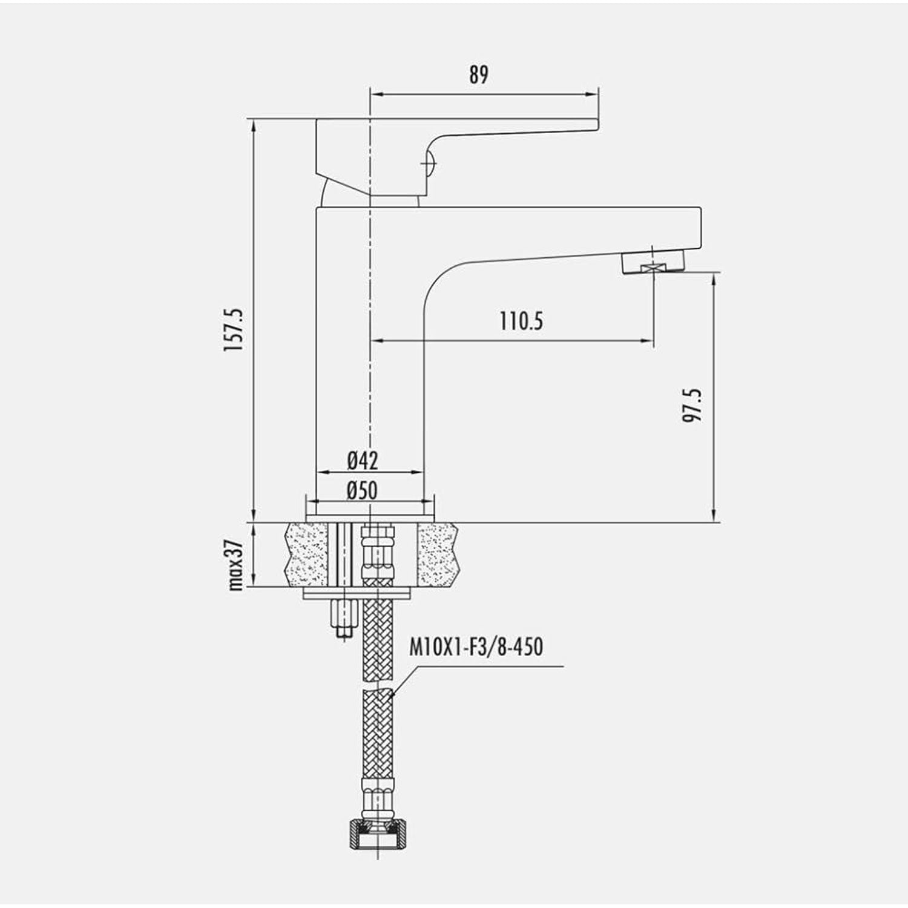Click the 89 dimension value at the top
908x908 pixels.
tap(478, 75)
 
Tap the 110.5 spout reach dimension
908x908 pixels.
tap(521, 321)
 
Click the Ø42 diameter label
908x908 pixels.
tap(363, 461)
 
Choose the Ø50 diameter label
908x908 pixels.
tap(362, 490)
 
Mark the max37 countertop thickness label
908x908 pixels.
tap(235, 564)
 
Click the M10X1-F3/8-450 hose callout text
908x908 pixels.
tap(476, 647)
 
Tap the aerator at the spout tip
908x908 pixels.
tap(654, 264)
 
